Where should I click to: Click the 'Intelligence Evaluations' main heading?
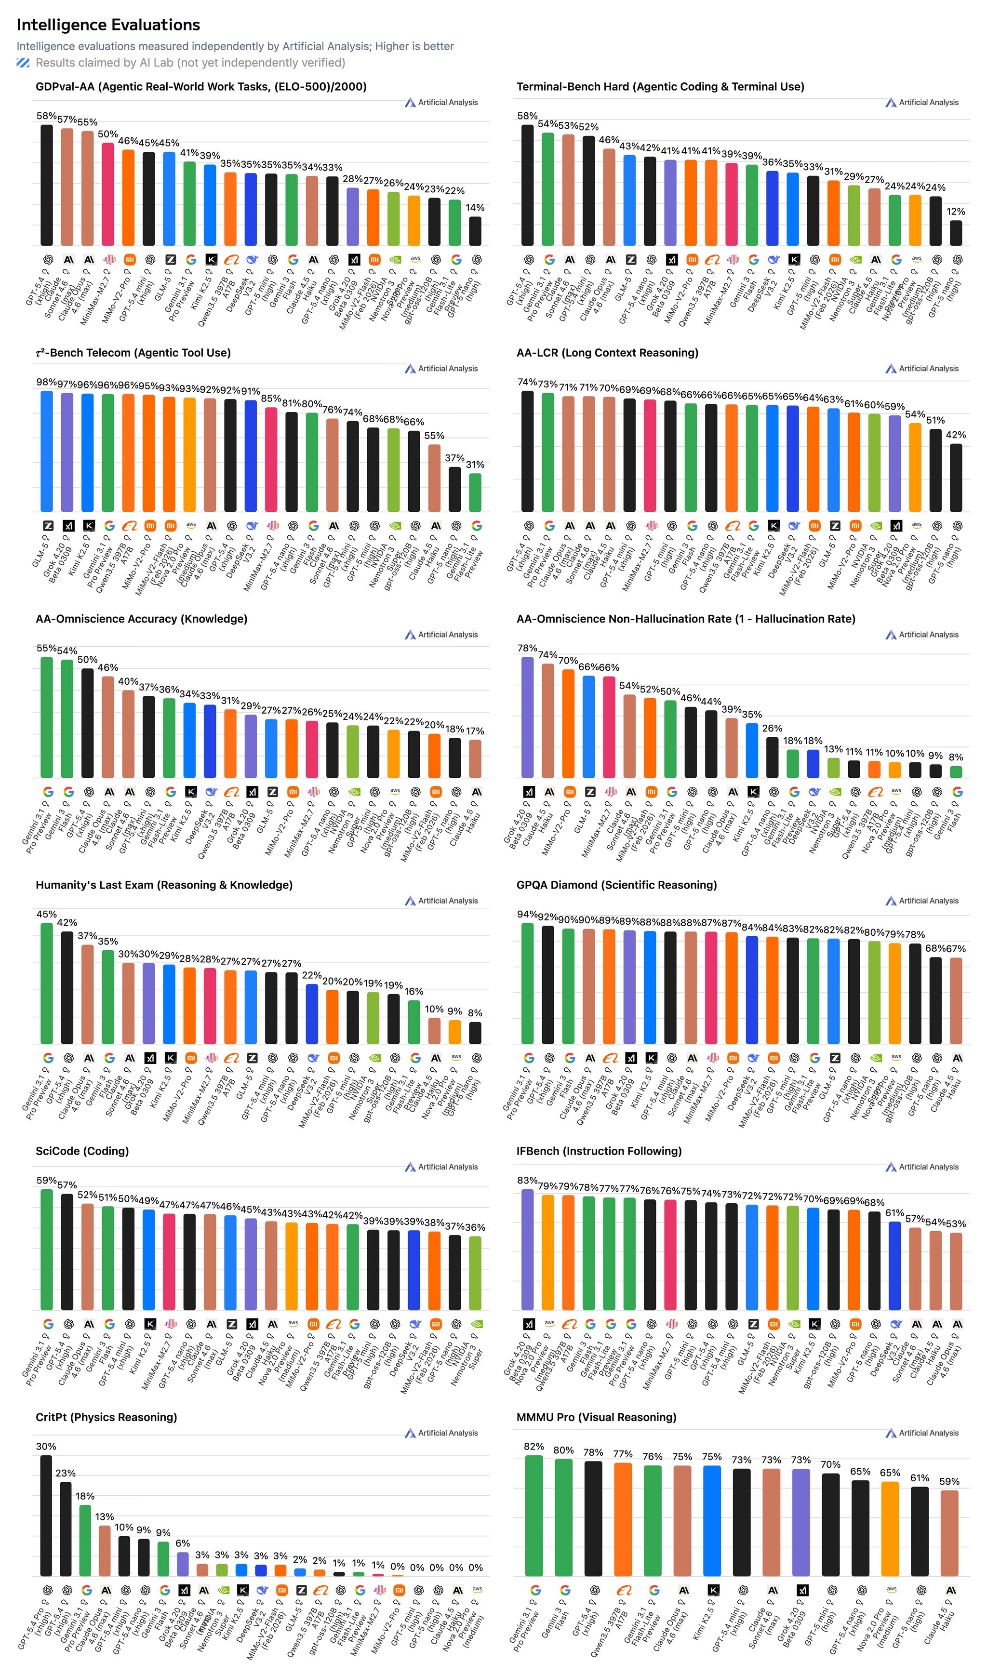click(108, 25)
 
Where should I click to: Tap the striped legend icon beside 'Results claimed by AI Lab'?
click(23, 63)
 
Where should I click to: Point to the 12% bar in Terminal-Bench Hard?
click(956, 233)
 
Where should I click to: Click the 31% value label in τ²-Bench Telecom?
click(475, 464)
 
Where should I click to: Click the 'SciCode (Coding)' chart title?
click(82, 1151)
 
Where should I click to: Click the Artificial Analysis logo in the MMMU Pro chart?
click(922, 1433)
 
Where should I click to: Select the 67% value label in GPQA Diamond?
click(956, 948)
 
